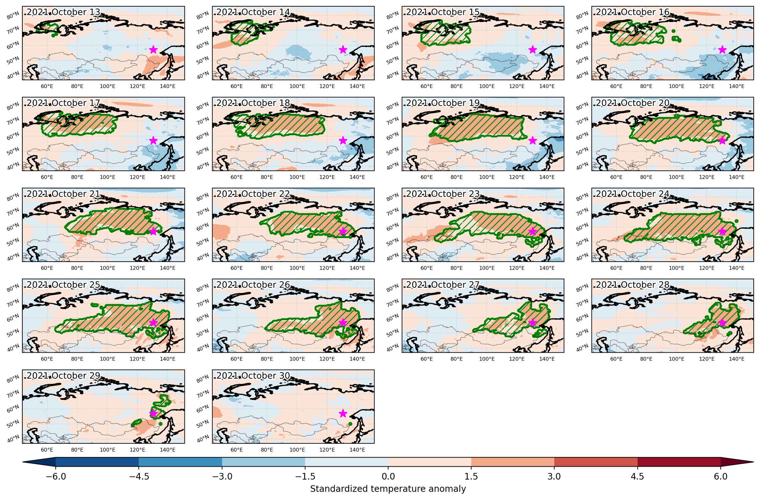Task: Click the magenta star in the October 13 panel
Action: pyautogui.click(x=153, y=49)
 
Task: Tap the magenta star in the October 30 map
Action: pyautogui.click(x=343, y=413)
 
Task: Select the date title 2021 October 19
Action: pyautogui.click(x=443, y=103)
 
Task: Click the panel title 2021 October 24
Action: pyautogui.click(x=633, y=194)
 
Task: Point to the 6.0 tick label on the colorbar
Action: pyautogui.click(x=721, y=477)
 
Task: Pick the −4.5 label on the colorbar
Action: pyautogui.click(x=138, y=477)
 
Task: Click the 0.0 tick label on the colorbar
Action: pyautogui.click(x=388, y=477)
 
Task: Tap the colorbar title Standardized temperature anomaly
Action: pyautogui.click(x=388, y=489)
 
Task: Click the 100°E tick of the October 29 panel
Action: pyautogui.click(x=107, y=450)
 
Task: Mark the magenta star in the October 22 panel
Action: pyautogui.click(x=343, y=231)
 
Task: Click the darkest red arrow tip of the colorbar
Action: pyautogui.click(x=737, y=462)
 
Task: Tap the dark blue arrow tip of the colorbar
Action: pyautogui.click(x=39, y=462)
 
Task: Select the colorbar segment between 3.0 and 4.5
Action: pyautogui.click(x=596, y=462)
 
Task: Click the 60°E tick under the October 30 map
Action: pyautogui.click(x=236, y=450)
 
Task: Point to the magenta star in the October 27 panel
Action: pyautogui.click(x=533, y=322)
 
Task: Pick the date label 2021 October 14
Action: pyautogui.click(x=253, y=12)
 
